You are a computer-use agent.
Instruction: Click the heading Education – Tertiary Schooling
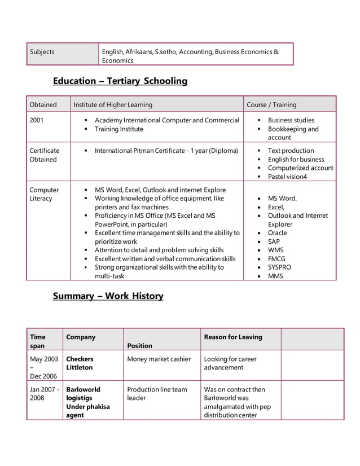pos(120,81)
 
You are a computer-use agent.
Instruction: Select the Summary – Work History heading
pos(108,296)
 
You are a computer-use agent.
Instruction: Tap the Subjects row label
pos(42,52)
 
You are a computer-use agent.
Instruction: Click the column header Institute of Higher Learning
pos(113,105)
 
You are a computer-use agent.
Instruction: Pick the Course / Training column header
pos(271,105)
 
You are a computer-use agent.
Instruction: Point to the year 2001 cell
pos(37,120)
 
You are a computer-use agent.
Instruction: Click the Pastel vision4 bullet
pos(287,177)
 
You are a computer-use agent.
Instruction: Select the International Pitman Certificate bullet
pos(166,151)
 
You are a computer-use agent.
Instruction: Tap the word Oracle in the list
pos(277,233)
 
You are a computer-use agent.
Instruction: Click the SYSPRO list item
pos(280,267)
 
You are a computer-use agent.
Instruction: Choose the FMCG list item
pos(276,259)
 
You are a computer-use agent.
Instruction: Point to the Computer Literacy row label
pos(44,194)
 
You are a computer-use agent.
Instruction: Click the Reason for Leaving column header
pos(233,337)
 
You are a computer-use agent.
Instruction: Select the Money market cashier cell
pos(159,359)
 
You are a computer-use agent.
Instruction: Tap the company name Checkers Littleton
pos(80,363)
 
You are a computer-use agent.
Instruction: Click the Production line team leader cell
pos(157,394)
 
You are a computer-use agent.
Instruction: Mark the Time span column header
pos(38,341)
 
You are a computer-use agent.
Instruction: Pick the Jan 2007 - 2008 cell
pos(44,394)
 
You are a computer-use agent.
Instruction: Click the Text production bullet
pos(291,151)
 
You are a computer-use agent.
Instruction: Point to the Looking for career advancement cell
pos(230,363)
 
